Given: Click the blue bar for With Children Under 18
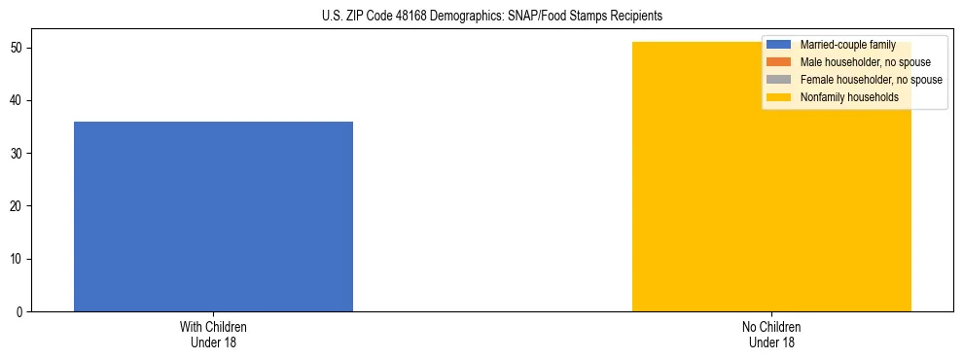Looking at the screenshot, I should (x=213, y=216).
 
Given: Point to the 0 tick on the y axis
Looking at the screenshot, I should (x=20, y=311).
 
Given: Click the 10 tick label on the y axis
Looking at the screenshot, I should (x=18, y=259).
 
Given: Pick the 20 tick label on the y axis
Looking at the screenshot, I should (x=18, y=206).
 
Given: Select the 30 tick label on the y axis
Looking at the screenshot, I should (x=18, y=154).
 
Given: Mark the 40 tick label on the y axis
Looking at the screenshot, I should (x=18, y=101).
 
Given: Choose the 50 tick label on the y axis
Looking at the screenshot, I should (x=18, y=49).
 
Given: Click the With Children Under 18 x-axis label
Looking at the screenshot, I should (x=213, y=334).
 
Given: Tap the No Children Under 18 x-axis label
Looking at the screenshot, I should (x=771, y=334).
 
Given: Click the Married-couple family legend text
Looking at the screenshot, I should (x=847, y=45).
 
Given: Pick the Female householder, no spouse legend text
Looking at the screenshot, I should (x=871, y=80).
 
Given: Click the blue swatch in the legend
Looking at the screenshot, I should (x=779, y=45).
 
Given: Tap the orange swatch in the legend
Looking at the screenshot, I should (x=779, y=62).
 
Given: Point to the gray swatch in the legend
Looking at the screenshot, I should (x=779, y=80).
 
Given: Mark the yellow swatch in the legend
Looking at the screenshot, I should (x=779, y=97).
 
